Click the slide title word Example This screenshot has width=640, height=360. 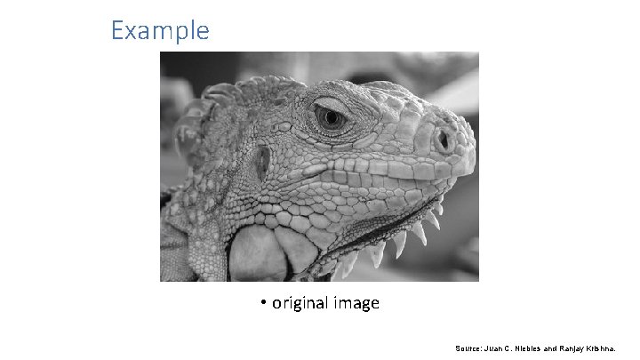coord(160,31)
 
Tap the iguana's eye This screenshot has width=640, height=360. coord(330,116)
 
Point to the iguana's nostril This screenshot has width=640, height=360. coord(441,140)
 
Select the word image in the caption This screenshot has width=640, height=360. coord(356,304)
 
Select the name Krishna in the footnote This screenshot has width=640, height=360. coord(612,348)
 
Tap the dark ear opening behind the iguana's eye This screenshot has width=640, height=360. coord(261,162)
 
